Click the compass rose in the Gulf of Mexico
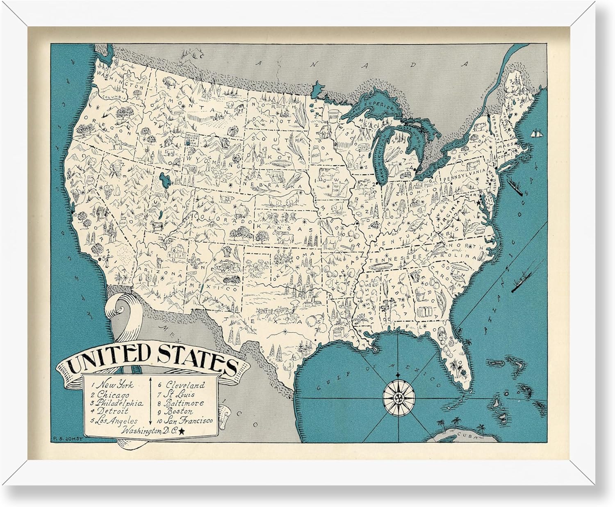[399, 396]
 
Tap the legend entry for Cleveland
[185, 385]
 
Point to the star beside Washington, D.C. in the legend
[170, 430]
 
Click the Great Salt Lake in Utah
[165, 179]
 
